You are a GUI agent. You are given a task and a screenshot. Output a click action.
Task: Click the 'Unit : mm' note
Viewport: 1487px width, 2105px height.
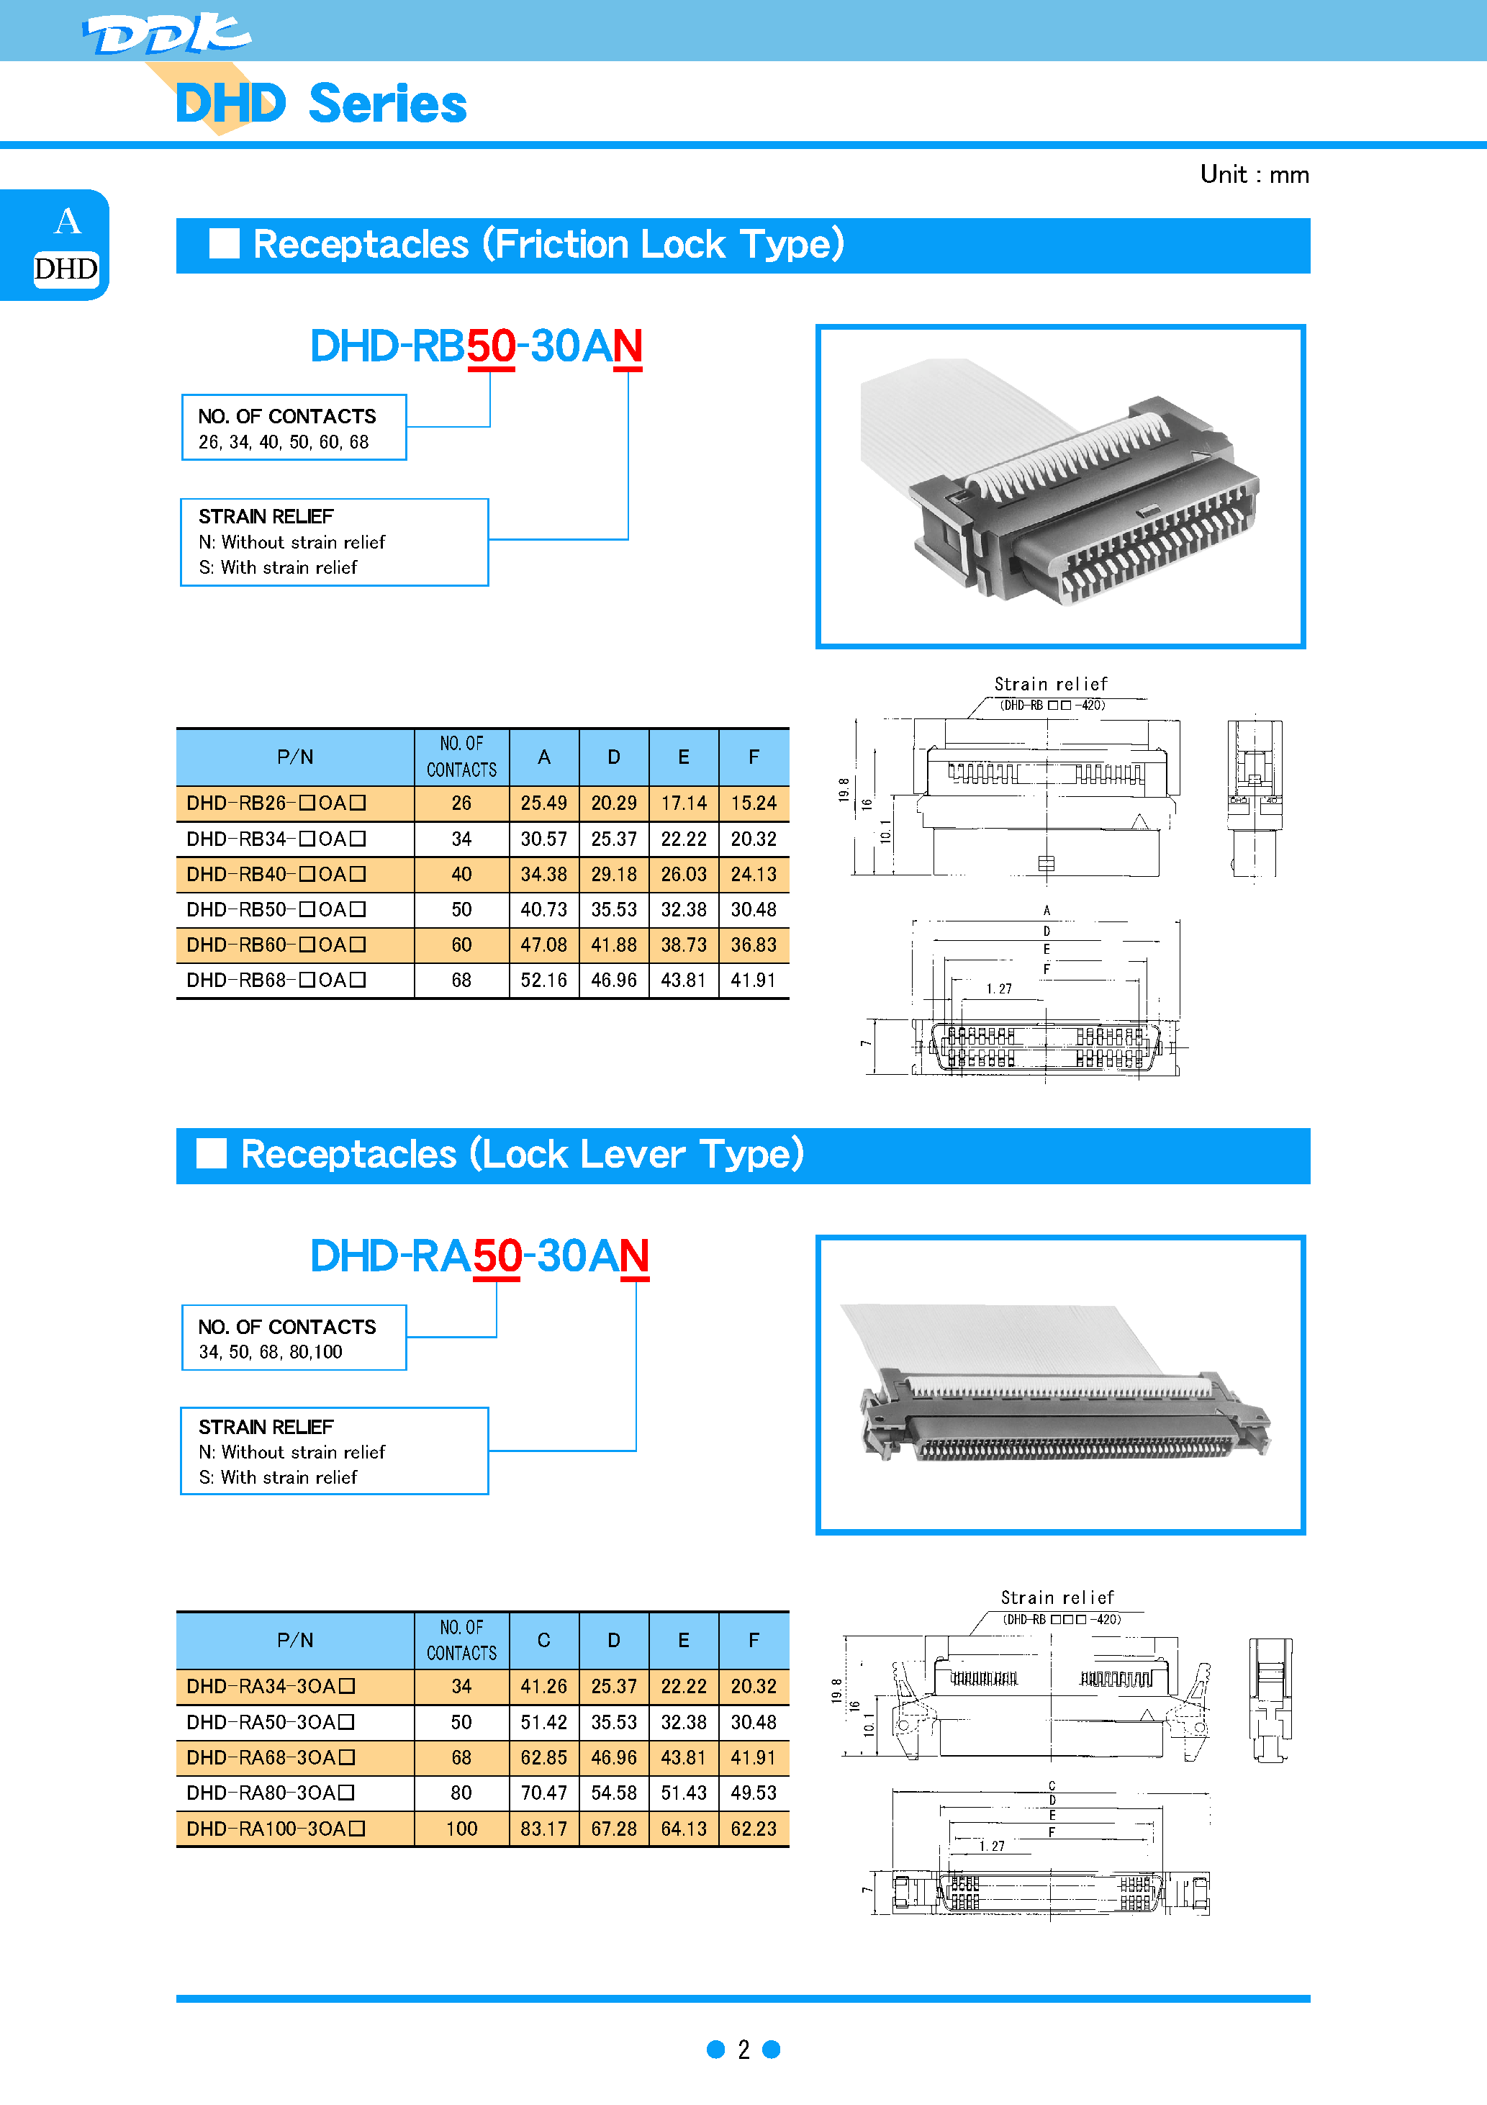coord(1253,174)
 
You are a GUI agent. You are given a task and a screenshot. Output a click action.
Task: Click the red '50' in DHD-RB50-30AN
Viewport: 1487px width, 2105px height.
coord(490,346)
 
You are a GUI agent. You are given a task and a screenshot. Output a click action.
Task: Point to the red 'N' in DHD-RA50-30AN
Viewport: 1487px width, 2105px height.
coord(634,1256)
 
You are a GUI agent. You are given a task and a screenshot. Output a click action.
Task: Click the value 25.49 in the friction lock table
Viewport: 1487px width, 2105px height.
coord(543,803)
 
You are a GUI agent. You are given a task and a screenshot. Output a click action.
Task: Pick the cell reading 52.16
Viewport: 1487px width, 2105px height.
coord(543,980)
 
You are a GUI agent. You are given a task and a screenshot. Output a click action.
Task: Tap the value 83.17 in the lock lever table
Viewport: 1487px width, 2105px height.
coord(543,1828)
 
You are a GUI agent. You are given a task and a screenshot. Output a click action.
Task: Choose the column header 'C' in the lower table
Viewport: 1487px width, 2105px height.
coord(543,1640)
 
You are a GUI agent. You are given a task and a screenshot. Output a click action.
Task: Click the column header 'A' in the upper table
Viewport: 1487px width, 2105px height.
coord(543,757)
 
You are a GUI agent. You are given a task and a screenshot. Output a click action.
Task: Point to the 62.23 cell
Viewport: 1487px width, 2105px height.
coord(753,1828)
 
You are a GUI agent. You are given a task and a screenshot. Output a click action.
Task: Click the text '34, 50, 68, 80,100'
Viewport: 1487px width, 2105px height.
coord(271,1351)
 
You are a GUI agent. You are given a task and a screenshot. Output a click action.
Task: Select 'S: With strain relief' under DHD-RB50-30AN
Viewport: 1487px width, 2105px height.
coord(278,567)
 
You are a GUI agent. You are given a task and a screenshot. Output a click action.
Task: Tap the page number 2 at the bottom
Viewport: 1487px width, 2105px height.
coord(743,2049)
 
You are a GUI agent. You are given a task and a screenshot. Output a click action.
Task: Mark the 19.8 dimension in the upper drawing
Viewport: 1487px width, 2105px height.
coord(844,789)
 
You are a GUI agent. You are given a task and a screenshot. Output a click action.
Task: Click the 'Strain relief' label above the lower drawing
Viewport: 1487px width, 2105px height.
coord(1056,1597)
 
